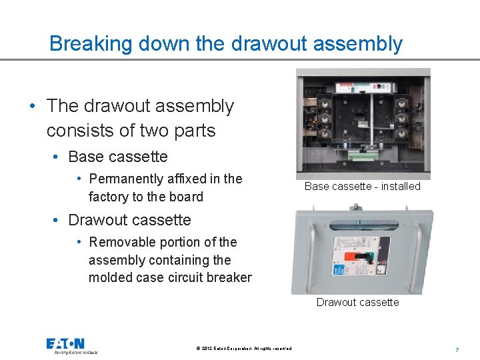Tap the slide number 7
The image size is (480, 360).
pyautogui.click(x=457, y=349)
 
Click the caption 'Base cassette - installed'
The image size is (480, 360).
pyautogui.click(x=362, y=187)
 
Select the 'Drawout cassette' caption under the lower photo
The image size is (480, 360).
pyautogui.click(x=357, y=302)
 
